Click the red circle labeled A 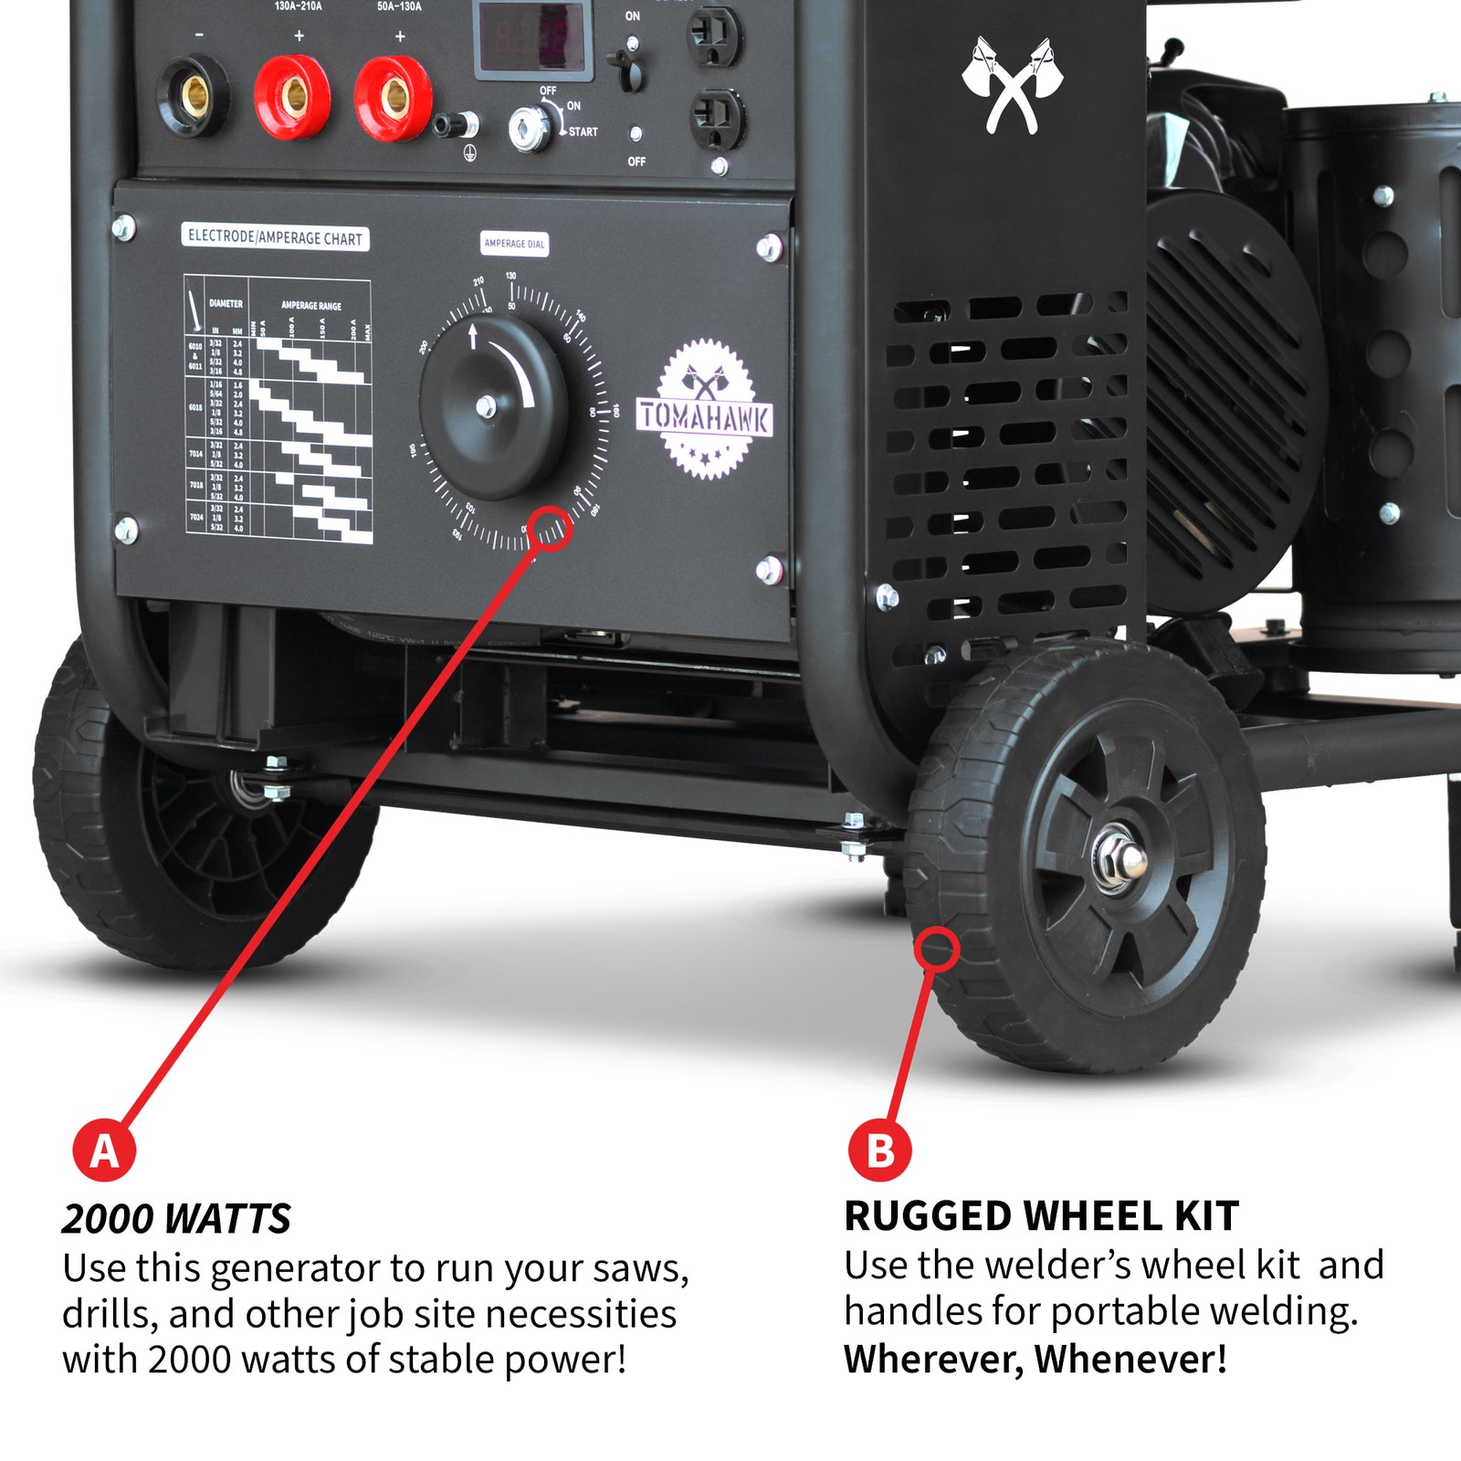(x=104, y=1151)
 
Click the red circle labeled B (x=879, y=1151)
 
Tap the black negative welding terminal (x=193, y=95)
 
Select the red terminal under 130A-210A (x=292, y=95)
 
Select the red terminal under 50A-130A (x=394, y=97)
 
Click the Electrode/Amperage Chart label (x=275, y=237)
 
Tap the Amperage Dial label (x=514, y=244)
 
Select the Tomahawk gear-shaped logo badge (x=706, y=410)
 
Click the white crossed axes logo (x=1012, y=85)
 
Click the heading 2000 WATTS (x=176, y=1219)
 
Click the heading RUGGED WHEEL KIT (x=1041, y=1216)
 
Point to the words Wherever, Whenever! (x=1035, y=1359)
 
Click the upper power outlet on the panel (x=714, y=36)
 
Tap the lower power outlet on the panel (x=717, y=119)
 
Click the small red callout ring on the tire (x=937, y=949)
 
